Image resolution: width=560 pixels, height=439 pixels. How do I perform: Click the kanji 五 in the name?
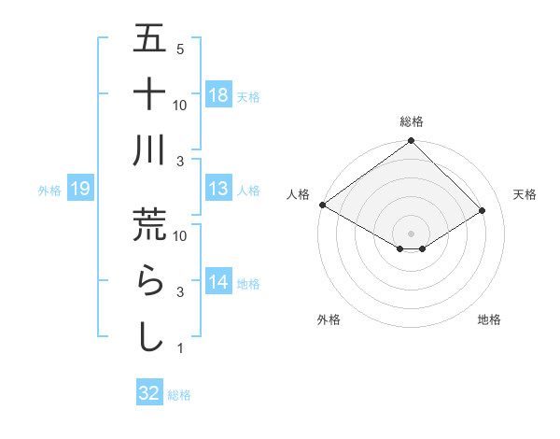point(149,40)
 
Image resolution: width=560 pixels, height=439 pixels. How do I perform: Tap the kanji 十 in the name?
point(149,95)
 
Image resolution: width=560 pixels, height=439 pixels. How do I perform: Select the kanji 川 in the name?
point(149,151)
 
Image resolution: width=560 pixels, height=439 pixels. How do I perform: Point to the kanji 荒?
point(149,224)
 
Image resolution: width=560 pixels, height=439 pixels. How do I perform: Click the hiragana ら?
point(149,280)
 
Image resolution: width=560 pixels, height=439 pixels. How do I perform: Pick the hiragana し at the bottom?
point(149,336)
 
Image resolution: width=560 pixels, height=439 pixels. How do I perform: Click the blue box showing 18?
point(217,95)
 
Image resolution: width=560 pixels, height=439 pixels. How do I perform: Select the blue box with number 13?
point(217,190)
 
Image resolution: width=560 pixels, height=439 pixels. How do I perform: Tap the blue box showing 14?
point(217,283)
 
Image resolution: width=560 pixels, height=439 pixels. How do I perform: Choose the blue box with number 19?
point(80,190)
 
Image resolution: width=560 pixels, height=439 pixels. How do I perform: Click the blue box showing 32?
point(149,393)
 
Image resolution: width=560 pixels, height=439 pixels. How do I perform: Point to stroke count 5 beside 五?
point(180,49)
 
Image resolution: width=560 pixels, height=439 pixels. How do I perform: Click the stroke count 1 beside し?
point(180,348)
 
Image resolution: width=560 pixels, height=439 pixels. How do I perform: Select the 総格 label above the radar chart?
point(412,122)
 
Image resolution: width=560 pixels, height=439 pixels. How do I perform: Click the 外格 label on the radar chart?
point(329,319)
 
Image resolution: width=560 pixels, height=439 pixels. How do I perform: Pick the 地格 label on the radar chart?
point(489,319)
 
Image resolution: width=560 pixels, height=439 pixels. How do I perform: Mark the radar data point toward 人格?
point(322,205)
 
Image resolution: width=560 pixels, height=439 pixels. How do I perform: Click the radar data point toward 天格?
point(483,212)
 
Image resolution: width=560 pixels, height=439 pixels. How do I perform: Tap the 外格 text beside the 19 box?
point(49,191)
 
